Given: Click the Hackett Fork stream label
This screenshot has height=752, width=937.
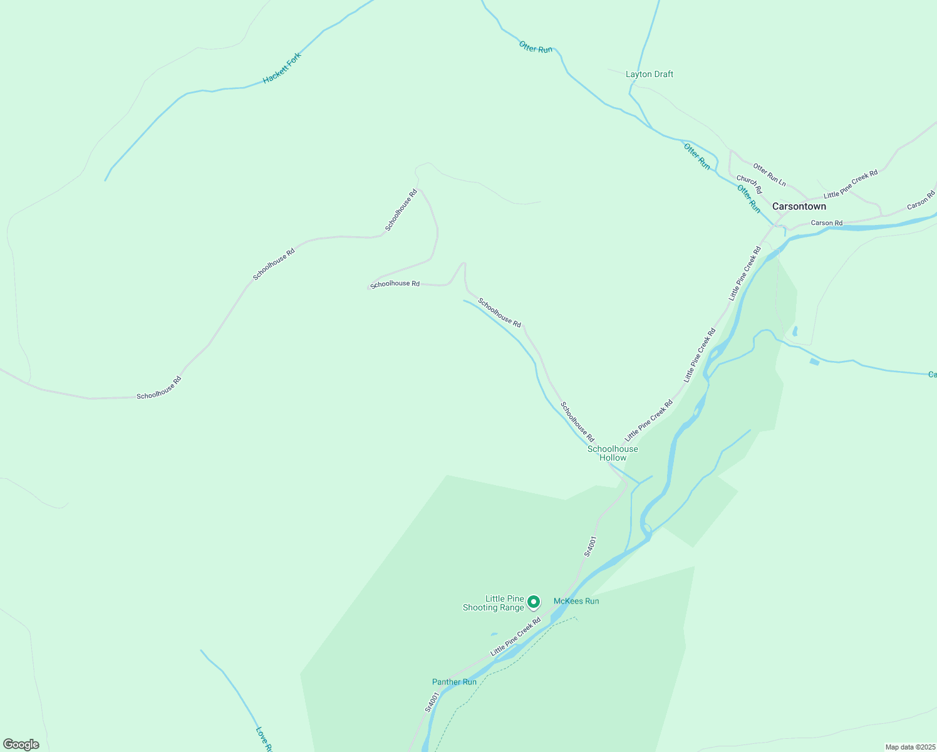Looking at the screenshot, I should [x=282, y=68].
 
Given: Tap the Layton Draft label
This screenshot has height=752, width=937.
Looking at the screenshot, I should [x=650, y=74].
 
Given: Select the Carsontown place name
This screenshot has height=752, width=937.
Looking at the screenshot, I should [x=799, y=206].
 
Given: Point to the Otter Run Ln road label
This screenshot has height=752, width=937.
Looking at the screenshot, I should [x=769, y=174].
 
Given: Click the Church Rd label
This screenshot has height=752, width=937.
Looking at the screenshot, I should [x=749, y=184].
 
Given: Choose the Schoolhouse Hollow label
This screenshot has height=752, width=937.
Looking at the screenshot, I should [x=613, y=453].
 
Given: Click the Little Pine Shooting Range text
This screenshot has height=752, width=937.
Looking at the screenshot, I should [x=494, y=603].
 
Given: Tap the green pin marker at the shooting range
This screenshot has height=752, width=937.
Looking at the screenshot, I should [x=534, y=602].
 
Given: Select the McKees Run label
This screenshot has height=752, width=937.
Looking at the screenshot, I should [x=576, y=601].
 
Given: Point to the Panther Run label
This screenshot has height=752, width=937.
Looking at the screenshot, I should [x=454, y=682].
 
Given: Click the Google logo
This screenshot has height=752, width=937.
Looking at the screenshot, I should [x=21, y=744].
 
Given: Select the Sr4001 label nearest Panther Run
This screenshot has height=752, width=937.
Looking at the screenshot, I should [x=432, y=702].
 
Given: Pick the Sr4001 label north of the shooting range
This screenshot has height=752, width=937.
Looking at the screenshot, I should [x=590, y=546].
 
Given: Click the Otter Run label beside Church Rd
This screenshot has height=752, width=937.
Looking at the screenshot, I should [x=748, y=199].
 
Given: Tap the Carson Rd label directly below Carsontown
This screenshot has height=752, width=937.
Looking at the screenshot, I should [x=827, y=223].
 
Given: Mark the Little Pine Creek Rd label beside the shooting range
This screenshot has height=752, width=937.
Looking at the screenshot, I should [x=515, y=637].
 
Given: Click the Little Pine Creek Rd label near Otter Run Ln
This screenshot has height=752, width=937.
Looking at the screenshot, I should [x=850, y=184].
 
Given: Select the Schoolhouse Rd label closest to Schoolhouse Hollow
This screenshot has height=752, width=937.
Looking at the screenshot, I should [x=577, y=422].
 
